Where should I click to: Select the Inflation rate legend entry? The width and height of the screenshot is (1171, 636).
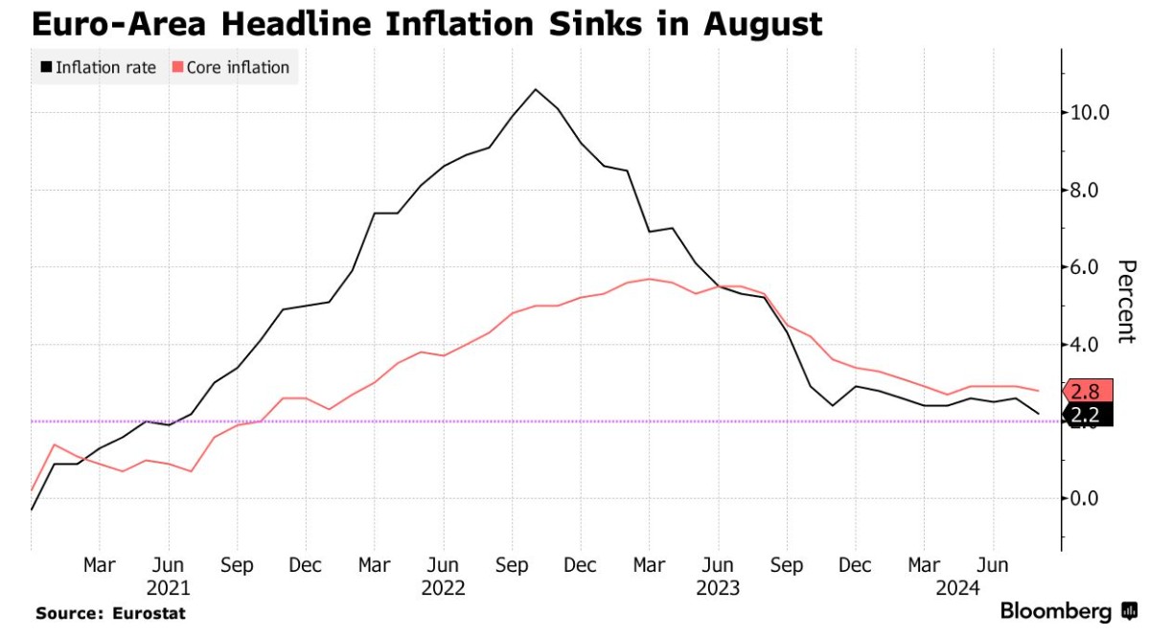[x=98, y=68]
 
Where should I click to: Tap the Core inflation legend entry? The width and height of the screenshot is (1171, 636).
[x=230, y=68]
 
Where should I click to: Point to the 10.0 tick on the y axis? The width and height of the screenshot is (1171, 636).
[x=1090, y=112]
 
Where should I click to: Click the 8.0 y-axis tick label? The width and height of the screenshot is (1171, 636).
[x=1090, y=190]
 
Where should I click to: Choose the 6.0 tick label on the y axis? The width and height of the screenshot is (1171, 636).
[x=1090, y=267]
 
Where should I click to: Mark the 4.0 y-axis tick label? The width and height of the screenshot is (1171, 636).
[x=1090, y=344]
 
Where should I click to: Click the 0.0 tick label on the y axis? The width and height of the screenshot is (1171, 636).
[x=1090, y=498]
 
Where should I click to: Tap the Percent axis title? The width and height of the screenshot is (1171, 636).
[x=1127, y=301]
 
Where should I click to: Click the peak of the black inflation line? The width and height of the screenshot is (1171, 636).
[x=535, y=89]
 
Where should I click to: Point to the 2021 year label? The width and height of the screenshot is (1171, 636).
[x=169, y=587]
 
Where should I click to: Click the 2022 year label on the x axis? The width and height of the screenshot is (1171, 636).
[x=443, y=587]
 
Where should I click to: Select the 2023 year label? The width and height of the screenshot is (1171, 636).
[x=717, y=587]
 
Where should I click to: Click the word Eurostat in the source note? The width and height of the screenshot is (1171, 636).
[x=148, y=613]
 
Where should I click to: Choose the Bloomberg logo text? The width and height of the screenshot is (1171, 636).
[x=1055, y=611]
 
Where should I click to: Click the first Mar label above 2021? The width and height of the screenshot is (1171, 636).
[x=100, y=565]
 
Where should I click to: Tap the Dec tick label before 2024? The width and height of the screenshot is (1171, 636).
[x=854, y=565]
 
